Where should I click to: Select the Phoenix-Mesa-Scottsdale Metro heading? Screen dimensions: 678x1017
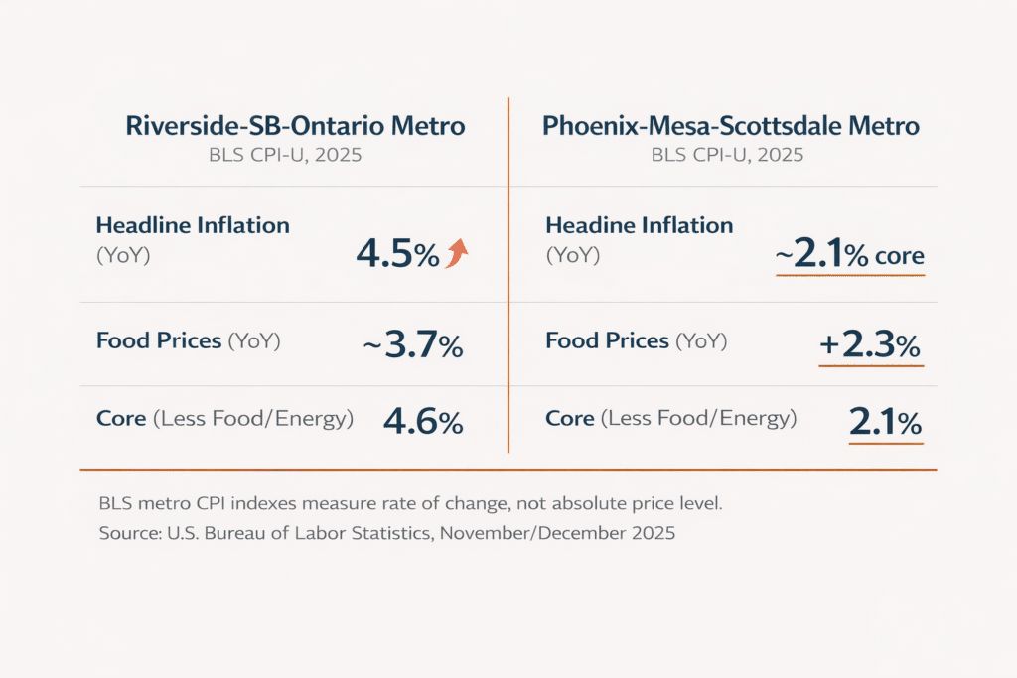[x=730, y=127]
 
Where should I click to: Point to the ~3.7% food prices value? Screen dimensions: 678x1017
[x=412, y=346]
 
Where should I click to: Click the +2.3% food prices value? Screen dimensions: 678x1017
[x=870, y=346]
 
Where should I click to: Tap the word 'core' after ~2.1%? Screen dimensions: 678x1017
[x=899, y=256]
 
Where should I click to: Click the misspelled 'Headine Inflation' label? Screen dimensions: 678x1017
[x=639, y=225]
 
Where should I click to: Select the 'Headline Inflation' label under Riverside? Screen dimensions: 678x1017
[x=193, y=225]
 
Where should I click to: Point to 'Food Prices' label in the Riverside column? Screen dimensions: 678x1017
[x=159, y=340]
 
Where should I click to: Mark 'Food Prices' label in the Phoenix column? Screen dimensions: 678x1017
[x=608, y=340]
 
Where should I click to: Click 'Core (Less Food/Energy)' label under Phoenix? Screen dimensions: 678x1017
[x=670, y=418]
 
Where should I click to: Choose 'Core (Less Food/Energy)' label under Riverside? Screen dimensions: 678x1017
[x=224, y=418]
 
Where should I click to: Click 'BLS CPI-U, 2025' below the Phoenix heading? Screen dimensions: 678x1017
[x=727, y=155]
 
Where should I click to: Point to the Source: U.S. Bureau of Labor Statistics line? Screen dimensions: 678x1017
[x=386, y=533]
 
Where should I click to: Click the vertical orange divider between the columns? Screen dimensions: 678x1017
[x=508, y=278]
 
